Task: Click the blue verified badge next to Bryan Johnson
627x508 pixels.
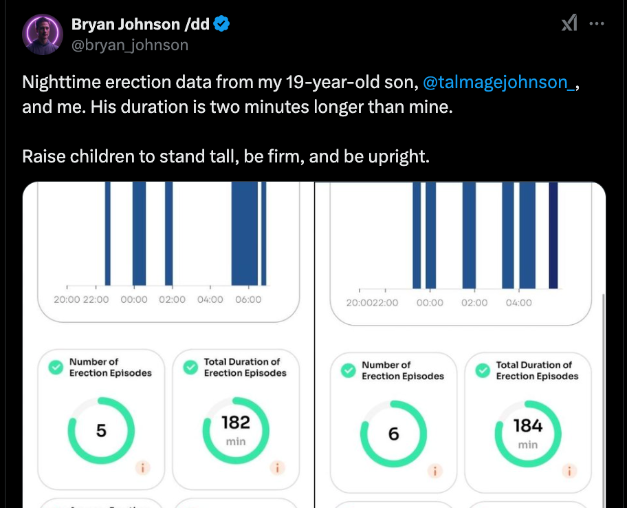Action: click(221, 25)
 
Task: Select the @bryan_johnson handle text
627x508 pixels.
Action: click(130, 45)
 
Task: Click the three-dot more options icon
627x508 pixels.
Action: click(597, 23)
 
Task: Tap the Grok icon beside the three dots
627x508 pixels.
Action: click(569, 23)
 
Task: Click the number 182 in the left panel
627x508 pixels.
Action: click(235, 422)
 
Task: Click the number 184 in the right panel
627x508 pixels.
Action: click(528, 425)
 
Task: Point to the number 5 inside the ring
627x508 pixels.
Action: click(101, 431)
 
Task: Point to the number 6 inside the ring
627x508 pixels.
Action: click(394, 434)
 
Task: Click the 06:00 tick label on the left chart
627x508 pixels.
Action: click(248, 299)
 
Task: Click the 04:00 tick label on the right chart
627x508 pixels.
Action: click(518, 303)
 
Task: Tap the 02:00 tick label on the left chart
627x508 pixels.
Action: click(171, 299)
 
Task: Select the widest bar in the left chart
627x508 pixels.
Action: click(244, 234)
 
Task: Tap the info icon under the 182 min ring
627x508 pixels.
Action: click(277, 468)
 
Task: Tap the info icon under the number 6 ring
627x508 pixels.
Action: click(435, 472)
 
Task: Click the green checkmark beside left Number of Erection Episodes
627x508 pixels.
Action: click(54, 368)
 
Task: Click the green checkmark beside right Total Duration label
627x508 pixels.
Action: click(483, 371)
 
